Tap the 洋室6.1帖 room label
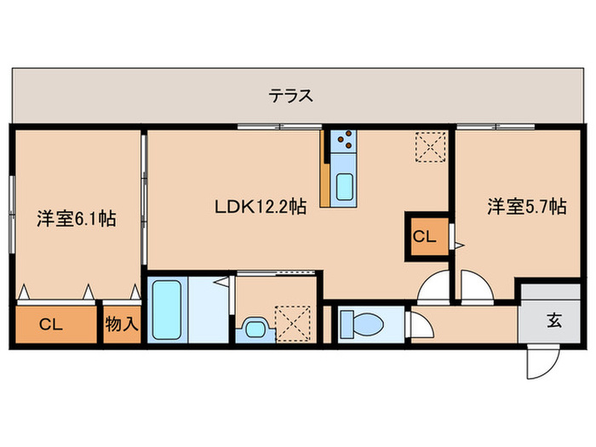pos(76,219)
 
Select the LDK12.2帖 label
pos(261,205)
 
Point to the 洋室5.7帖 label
pos(527,205)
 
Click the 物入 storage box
pos(122,324)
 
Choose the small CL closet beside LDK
pos(424,236)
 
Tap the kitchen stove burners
pos(344,139)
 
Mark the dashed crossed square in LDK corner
pos(430,146)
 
